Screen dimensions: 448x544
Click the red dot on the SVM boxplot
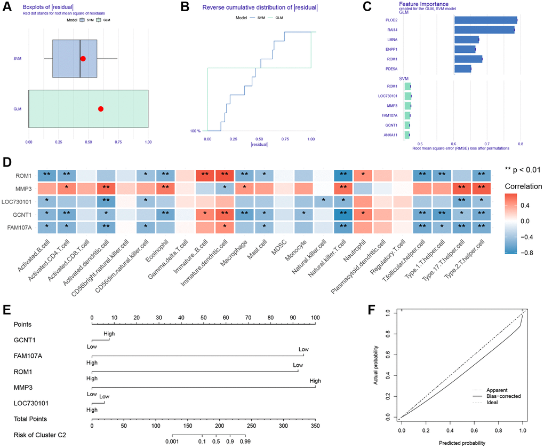pyautogui.click(x=83, y=59)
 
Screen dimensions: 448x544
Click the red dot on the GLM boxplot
pyautogui.click(x=101, y=109)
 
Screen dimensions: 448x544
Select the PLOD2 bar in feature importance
pyautogui.click(x=485, y=20)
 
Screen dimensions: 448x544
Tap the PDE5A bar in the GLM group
pyautogui.click(x=462, y=69)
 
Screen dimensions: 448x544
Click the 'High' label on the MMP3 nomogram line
pyautogui.click(x=315, y=381)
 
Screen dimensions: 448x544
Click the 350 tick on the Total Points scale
pyautogui.click(x=315, y=427)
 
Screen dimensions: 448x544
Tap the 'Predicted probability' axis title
pyautogui.click(x=462, y=443)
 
